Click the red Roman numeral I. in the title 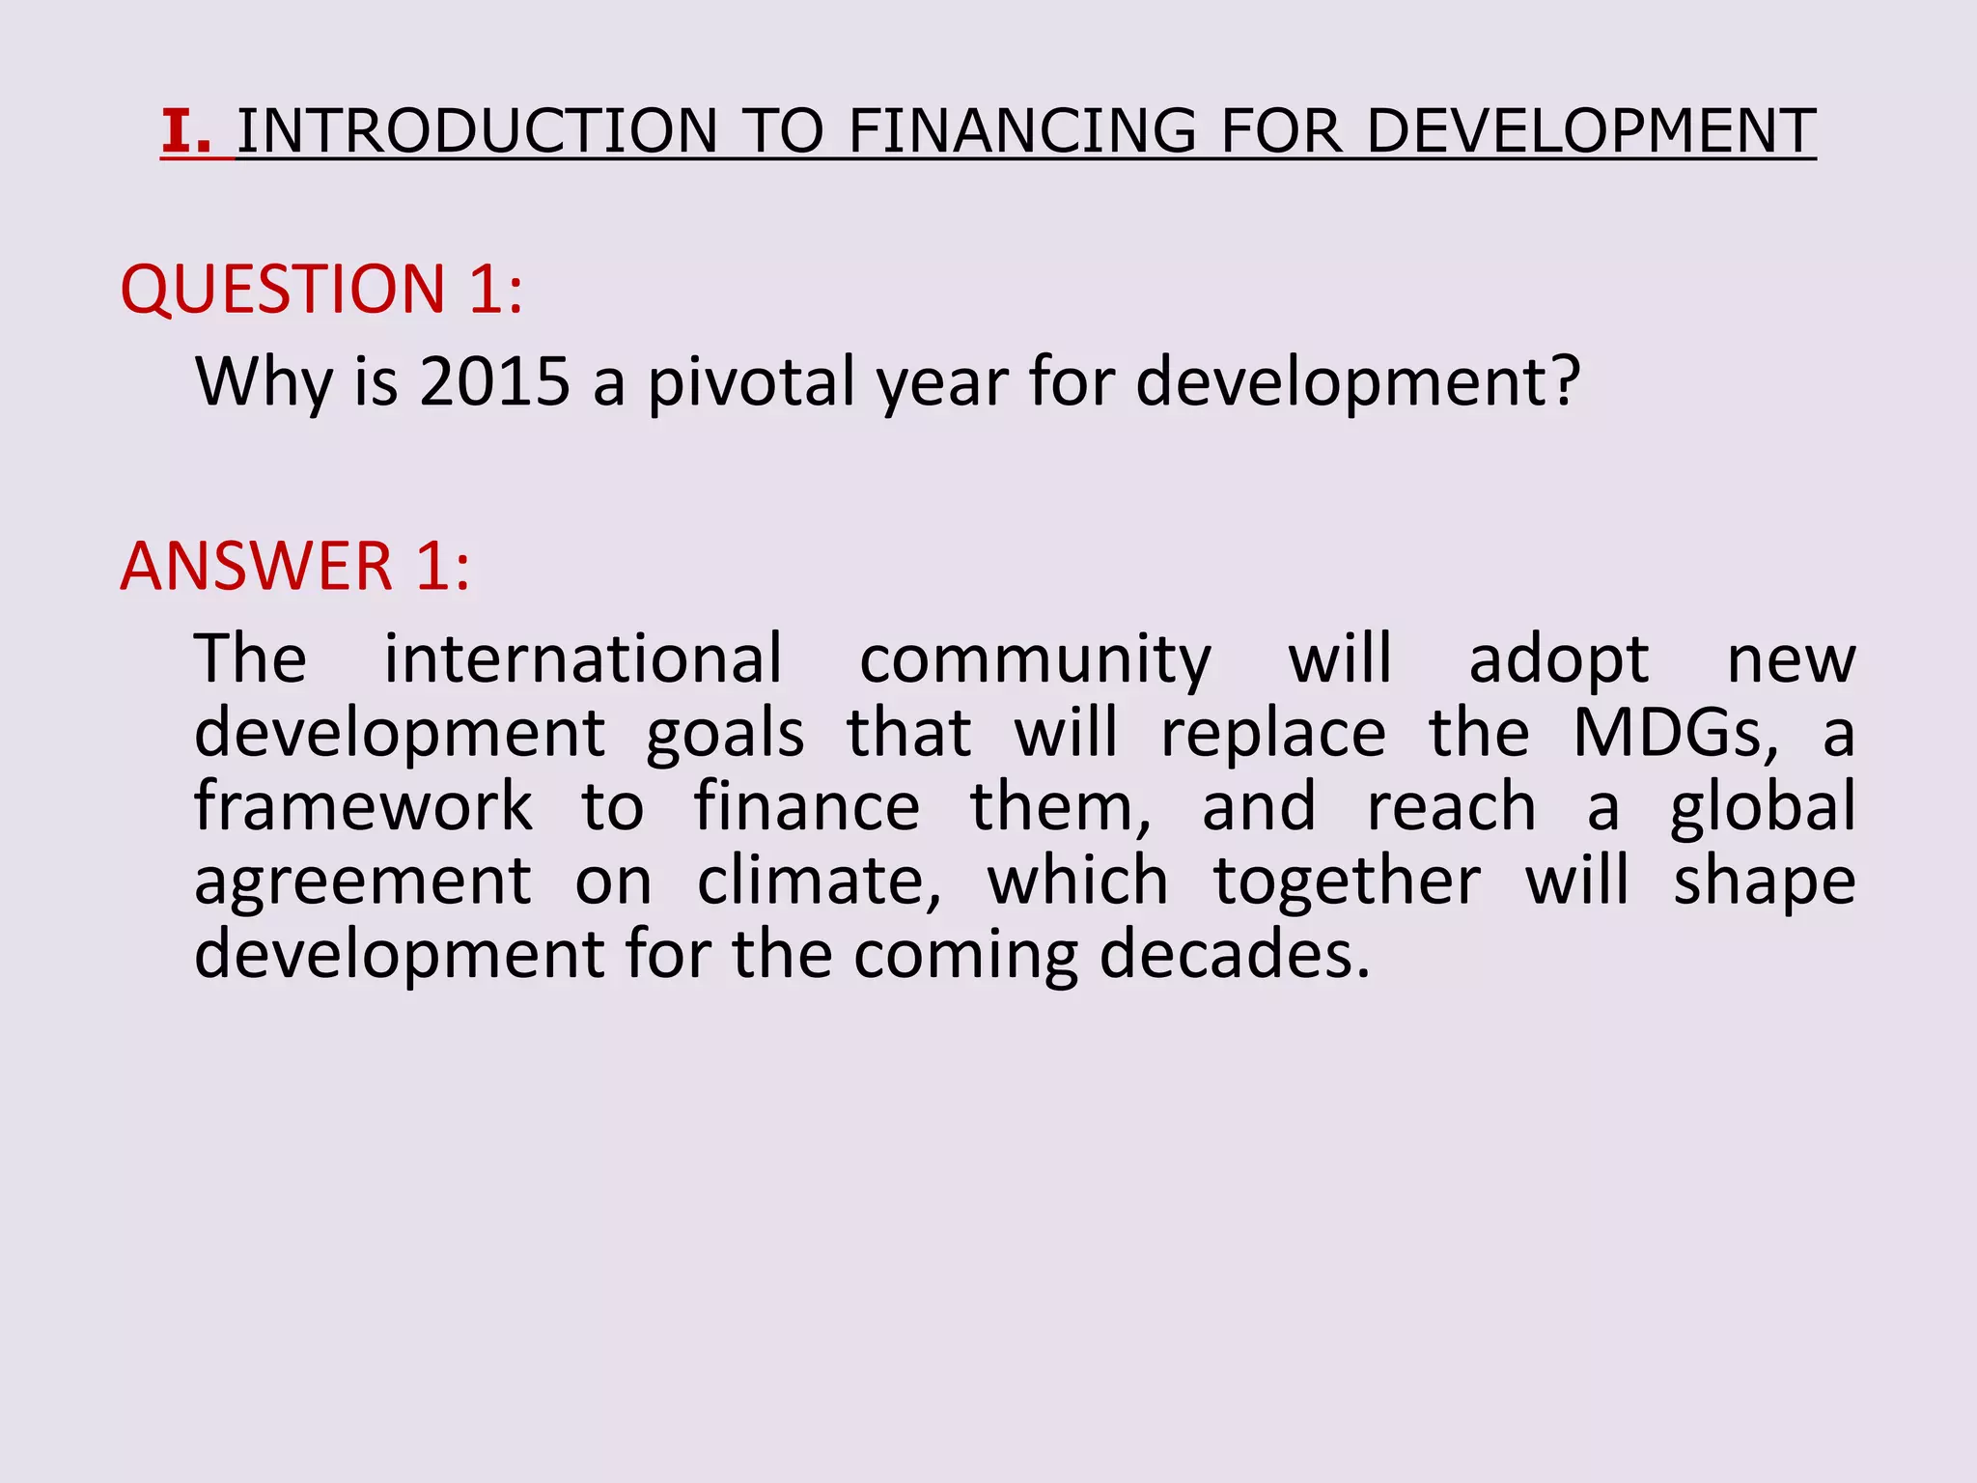186,131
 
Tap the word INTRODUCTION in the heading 478,131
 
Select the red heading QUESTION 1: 321,289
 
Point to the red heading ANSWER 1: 295,566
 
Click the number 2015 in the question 495,381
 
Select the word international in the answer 583,659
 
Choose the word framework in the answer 363,807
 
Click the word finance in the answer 807,807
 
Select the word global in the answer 1763,809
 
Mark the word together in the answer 1347,882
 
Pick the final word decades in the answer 1234,955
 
